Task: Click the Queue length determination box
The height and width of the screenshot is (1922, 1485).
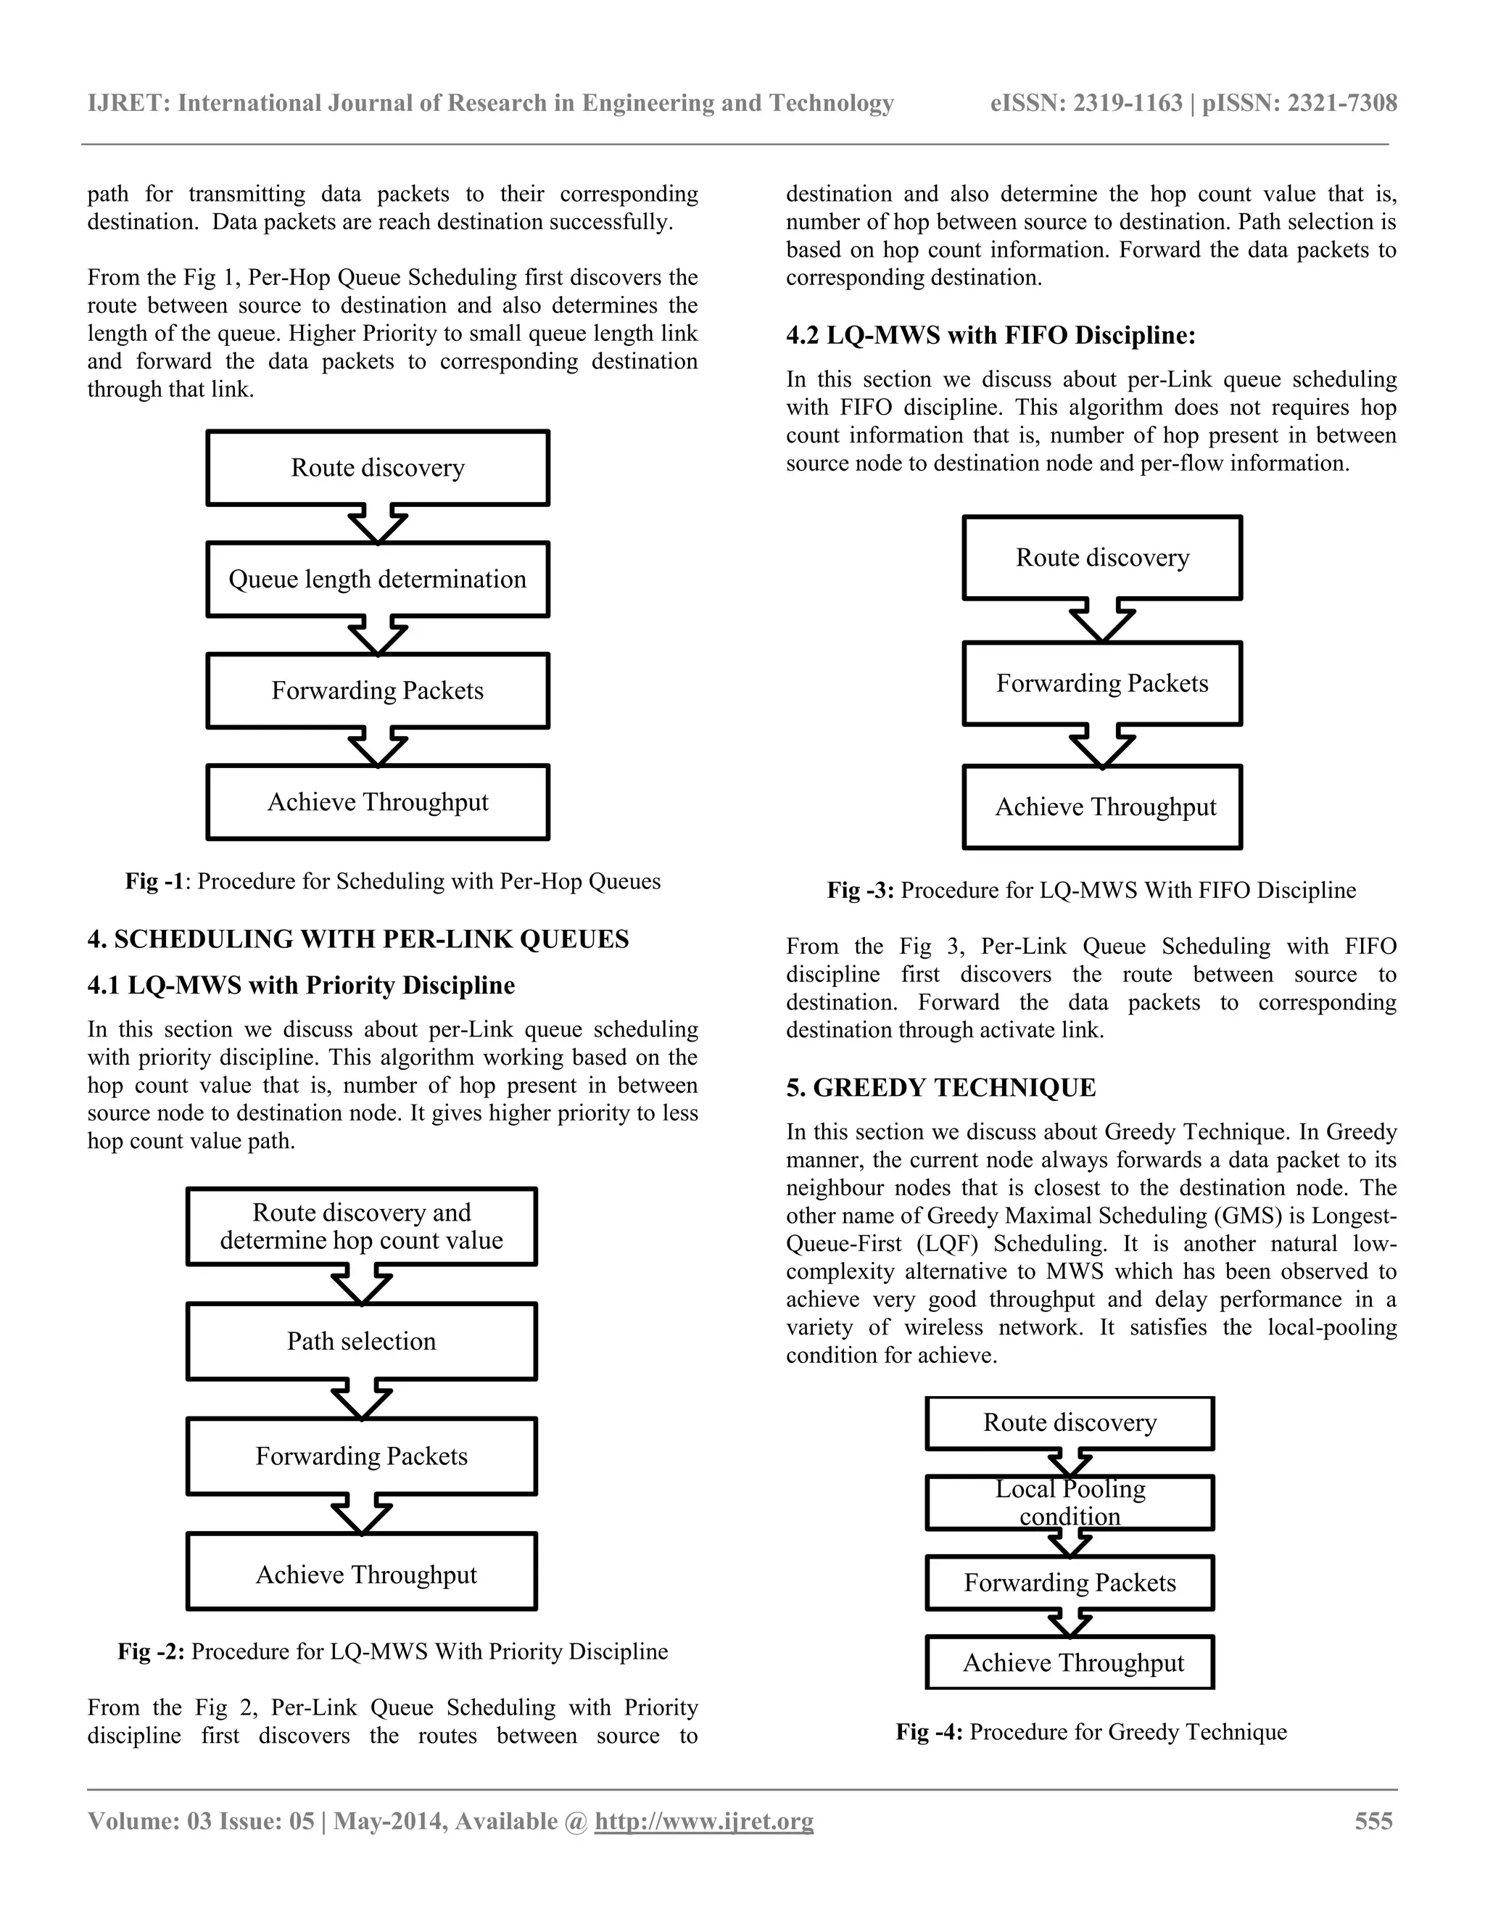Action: click(377, 579)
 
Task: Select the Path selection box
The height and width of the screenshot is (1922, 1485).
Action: click(362, 1340)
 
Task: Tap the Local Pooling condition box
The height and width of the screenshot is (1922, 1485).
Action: click(1070, 1502)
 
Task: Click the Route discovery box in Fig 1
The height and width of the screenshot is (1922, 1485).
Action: click(377, 467)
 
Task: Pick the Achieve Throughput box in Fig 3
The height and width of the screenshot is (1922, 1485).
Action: click(1102, 807)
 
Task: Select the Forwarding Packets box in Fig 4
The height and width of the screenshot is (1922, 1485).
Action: click(1070, 1583)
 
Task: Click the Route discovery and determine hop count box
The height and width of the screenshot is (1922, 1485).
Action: click(362, 1226)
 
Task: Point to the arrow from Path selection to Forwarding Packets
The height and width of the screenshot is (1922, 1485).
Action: click(362, 1399)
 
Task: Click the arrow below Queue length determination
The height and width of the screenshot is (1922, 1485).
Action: click(377, 635)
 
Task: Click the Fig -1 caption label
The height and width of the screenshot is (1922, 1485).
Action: click(154, 881)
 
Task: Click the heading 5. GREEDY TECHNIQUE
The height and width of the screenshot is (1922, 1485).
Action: click(940, 1088)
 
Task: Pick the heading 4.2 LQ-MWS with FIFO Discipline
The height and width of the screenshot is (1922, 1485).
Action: click(990, 335)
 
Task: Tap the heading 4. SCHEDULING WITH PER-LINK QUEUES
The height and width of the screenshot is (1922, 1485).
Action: click(358, 939)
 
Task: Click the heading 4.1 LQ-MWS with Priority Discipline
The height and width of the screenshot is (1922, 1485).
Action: click(301, 985)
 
